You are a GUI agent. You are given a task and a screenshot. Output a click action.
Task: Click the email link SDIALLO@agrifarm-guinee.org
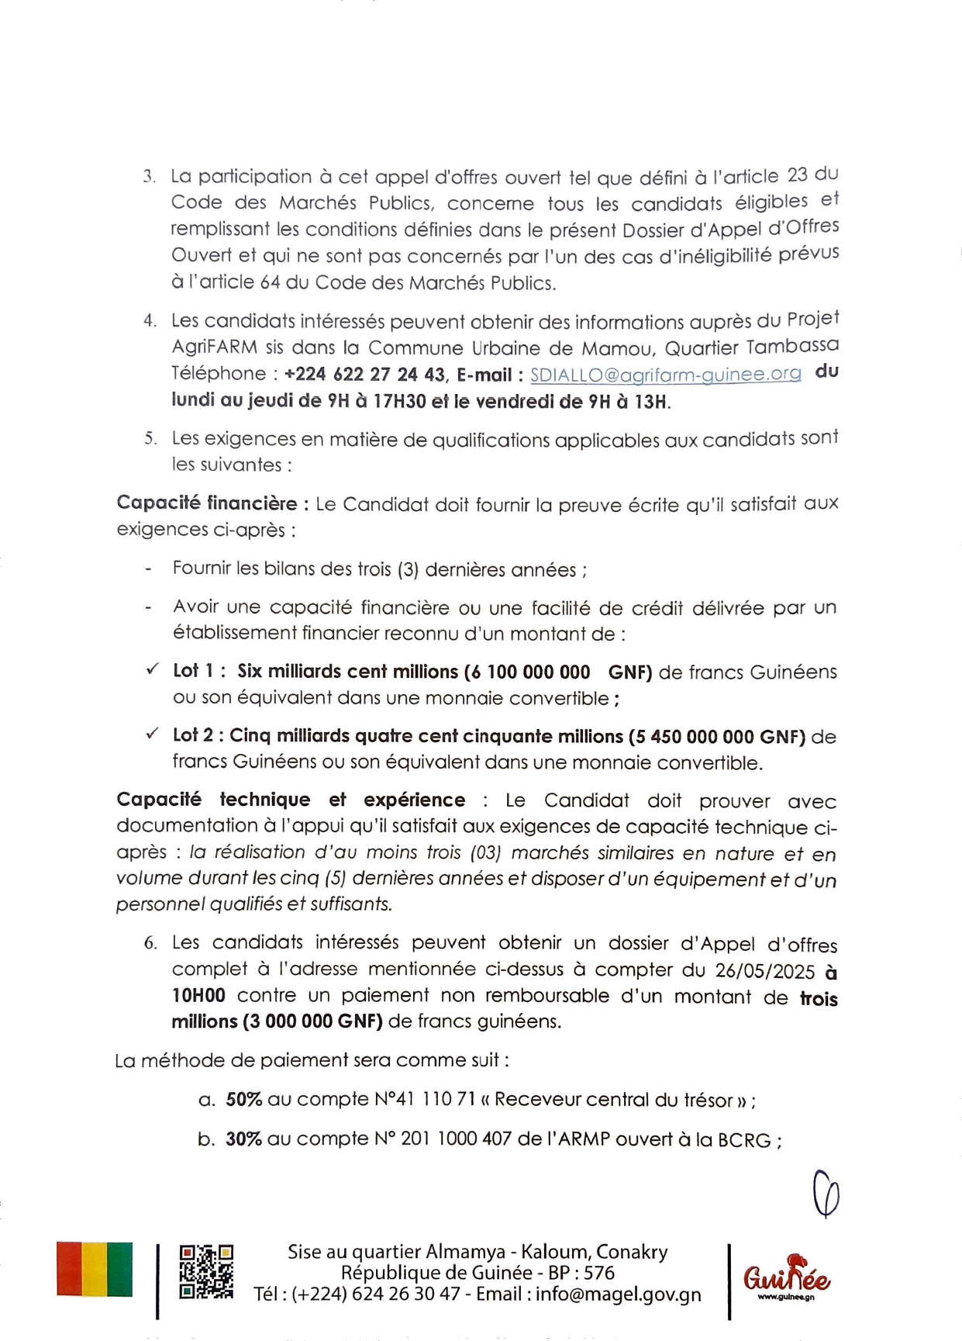point(665,375)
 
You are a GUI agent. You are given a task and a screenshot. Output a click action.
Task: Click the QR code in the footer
point(206,1271)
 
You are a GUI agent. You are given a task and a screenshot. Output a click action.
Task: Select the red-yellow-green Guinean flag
point(95,1269)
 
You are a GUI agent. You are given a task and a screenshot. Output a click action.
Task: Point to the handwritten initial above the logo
point(826,1194)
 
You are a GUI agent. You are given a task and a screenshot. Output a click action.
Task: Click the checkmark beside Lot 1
point(153,669)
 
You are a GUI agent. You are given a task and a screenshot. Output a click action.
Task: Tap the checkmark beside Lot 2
point(153,733)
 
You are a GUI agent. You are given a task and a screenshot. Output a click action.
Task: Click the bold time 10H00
point(198,996)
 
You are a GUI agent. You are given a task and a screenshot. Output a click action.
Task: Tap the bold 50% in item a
point(243,1100)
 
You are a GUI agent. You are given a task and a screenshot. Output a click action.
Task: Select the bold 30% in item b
point(243,1139)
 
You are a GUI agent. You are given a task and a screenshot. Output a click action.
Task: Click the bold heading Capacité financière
point(206,503)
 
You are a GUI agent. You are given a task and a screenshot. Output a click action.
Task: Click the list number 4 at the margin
point(150,321)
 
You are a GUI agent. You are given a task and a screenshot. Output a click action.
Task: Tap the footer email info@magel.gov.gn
point(618,1294)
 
